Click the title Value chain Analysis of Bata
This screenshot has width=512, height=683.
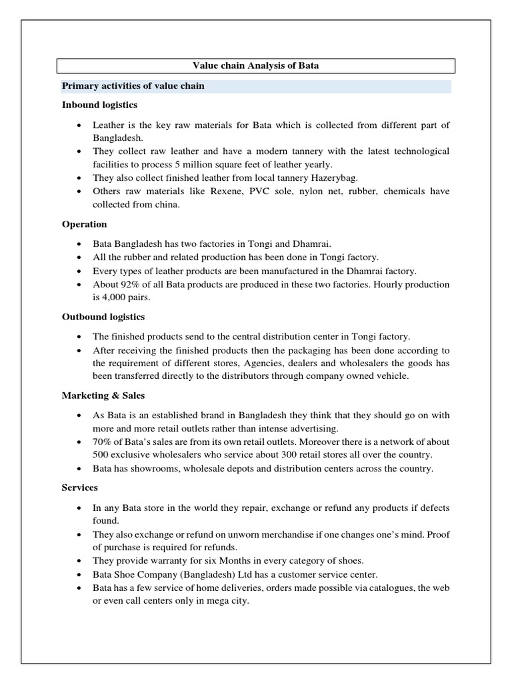tap(256, 65)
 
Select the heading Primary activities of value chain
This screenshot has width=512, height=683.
tap(133, 86)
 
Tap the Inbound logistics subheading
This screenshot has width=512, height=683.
tap(100, 105)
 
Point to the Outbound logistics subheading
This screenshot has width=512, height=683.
tap(103, 317)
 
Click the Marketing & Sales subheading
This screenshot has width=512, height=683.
tap(103, 396)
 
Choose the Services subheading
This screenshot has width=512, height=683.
tap(80, 488)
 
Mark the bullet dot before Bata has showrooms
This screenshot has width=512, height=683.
tap(79, 468)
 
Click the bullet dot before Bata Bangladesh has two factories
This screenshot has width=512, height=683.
tap(79, 243)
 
